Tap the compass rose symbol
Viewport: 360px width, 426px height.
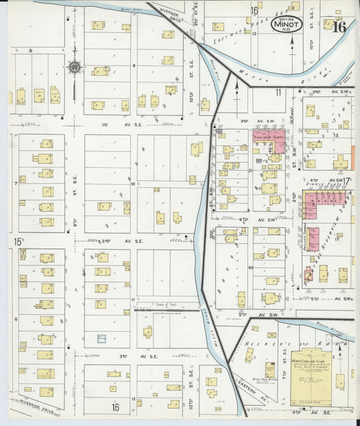coord(74,67)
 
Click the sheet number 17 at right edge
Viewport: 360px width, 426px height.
coord(347,181)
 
